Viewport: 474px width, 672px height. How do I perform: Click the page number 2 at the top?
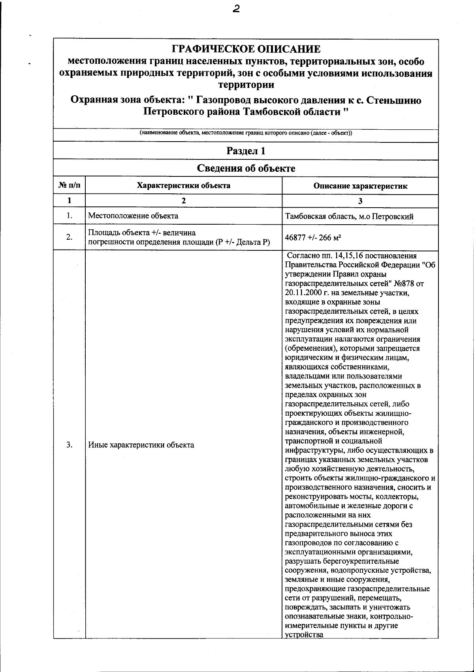point(236,9)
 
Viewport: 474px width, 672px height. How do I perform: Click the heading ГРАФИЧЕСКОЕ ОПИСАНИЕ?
point(246,49)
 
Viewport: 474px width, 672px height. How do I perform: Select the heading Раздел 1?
point(246,151)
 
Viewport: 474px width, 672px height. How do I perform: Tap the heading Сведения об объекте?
point(246,168)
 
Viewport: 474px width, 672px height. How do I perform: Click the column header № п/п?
point(69,186)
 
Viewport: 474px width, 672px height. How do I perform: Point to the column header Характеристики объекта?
point(183,186)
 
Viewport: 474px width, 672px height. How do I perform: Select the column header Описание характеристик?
point(360,186)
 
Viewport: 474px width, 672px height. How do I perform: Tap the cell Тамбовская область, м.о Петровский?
point(349,217)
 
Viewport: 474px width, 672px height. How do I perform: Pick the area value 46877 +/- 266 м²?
point(313,237)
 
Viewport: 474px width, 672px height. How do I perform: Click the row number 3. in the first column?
point(69,445)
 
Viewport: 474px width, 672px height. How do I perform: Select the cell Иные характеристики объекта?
point(141,445)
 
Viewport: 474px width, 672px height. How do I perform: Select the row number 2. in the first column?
point(69,237)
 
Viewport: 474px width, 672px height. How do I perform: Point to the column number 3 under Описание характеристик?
point(360,201)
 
